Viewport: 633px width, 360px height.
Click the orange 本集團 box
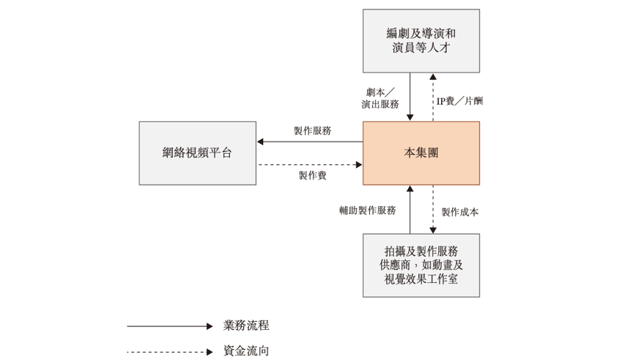click(x=421, y=153)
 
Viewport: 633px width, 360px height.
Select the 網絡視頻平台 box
click(x=197, y=153)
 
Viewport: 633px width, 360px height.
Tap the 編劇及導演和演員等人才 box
click(x=421, y=41)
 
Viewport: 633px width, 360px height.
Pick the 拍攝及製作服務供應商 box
click(x=421, y=265)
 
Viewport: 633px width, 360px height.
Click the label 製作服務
click(x=312, y=131)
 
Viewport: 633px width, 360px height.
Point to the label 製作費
click(x=312, y=176)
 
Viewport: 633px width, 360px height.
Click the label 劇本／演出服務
click(x=380, y=98)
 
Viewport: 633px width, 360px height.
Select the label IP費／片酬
click(x=459, y=100)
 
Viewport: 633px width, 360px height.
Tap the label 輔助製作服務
click(x=367, y=210)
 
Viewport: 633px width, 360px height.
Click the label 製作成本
click(x=460, y=212)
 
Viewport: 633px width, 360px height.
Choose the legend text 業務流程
click(x=246, y=326)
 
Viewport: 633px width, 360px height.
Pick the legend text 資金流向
click(x=246, y=351)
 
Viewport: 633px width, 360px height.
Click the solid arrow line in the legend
click(x=169, y=326)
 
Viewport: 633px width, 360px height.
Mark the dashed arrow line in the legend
click(x=169, y=352)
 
